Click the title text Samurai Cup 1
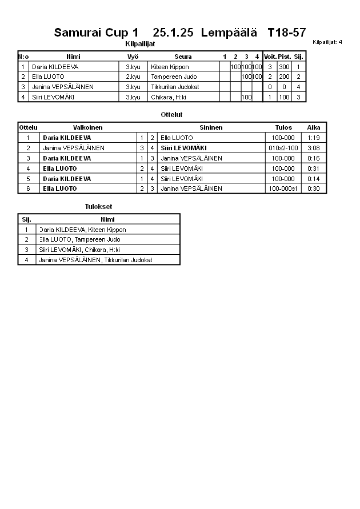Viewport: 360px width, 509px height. click(x=96, y=33)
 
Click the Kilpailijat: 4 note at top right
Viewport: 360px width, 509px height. click(x=327, y=42)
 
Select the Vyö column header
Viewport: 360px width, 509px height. click(x=133, y=57)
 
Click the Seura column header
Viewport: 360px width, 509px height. click(x=183, y=57)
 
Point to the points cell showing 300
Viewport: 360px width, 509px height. click(x=284, y=67)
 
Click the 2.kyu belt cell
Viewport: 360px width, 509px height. click(x=133, y=77)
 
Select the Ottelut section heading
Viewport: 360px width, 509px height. click(x=171, y=115)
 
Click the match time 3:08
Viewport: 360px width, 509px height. click(x=313, y=148)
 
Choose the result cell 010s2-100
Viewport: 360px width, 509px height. click(x=283, y=148)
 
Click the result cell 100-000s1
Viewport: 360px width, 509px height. click(x=283, y=189)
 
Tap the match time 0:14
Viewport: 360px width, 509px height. click(x=313, y=178)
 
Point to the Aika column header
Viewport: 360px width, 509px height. click(x=313, y=127)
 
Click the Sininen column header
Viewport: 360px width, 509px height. click(x=211, y=127)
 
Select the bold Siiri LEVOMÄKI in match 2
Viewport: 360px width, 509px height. click(x=183, y=148)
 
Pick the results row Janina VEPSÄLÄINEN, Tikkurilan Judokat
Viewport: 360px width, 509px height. click(x=95, y=260)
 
